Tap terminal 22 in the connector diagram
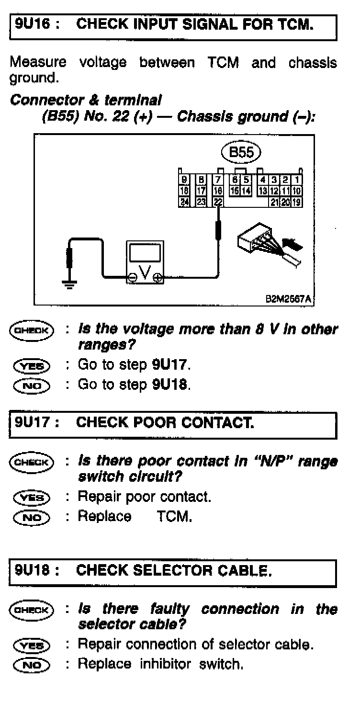click(x=218, y=203)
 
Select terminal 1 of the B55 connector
click(x=297, y=180)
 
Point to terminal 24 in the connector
click(x=184, y=203)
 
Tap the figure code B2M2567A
click(x=287, y=299)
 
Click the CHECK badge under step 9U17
click(x=32, y=463)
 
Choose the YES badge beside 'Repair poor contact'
click(x=32, y=498)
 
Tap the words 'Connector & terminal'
click(x=86, y=101)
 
